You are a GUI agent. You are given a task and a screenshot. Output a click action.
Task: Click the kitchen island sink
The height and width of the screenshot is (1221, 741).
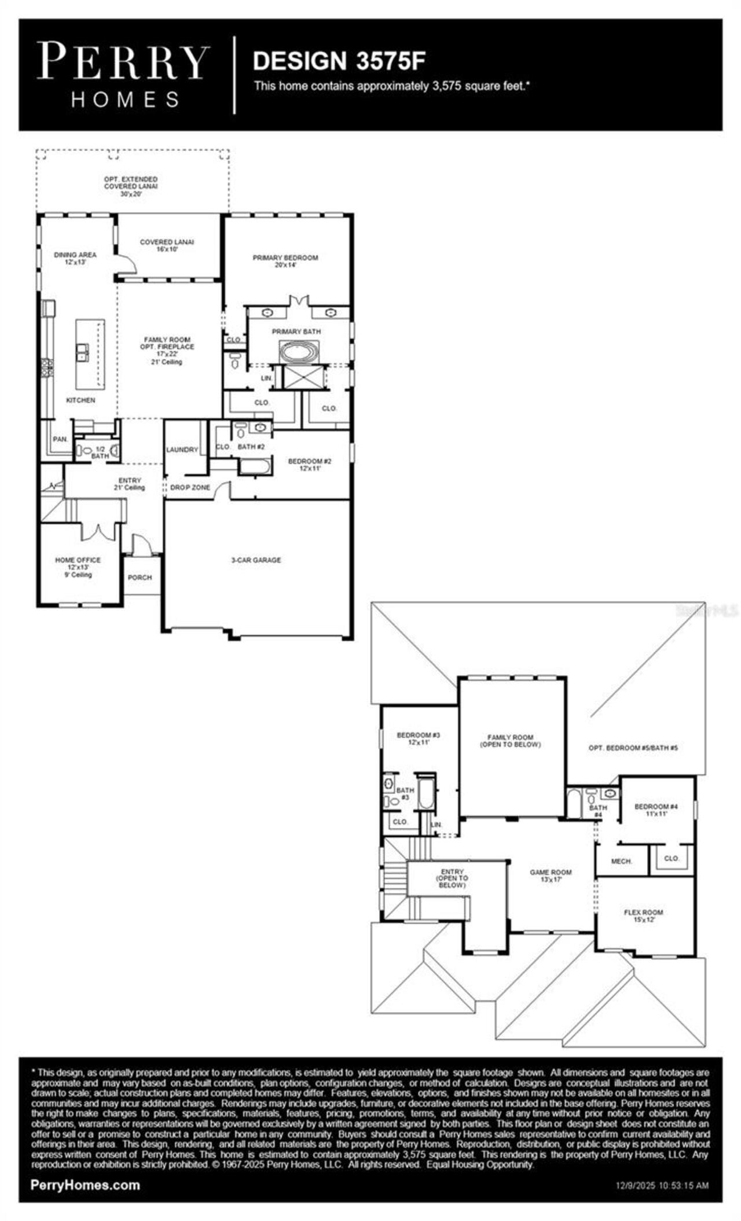(82, 351)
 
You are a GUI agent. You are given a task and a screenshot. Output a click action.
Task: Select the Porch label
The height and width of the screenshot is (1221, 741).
(140, 578)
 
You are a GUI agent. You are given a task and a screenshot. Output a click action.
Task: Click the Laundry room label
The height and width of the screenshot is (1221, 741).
(182, 450)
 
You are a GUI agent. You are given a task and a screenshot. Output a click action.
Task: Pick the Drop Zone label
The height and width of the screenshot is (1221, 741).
(190, 488)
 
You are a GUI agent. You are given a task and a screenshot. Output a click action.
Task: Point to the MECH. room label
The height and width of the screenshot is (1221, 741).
(621, 861)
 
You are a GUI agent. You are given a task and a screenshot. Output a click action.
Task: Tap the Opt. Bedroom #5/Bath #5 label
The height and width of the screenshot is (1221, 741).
(633, 748)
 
